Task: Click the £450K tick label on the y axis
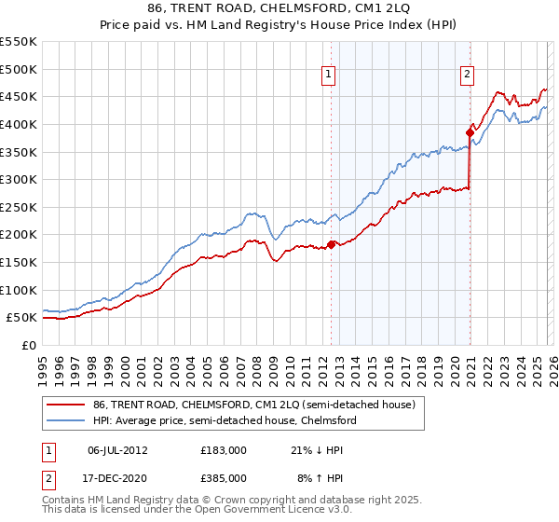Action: [x=19, y=96]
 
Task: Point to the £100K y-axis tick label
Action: [x=19, y=290]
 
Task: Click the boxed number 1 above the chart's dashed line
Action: [x=330, y=77]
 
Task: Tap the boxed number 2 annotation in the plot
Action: [x=467, y=77]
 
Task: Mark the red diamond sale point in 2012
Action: [x=331, y=245]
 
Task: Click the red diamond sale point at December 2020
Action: [x=470, y=132]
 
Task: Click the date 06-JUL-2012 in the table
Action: [x=117, y=450]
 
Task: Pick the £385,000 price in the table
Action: [x=223, y=477]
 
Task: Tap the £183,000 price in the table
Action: [x=223, y=450]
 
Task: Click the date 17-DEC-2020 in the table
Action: [x=117, y=477]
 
